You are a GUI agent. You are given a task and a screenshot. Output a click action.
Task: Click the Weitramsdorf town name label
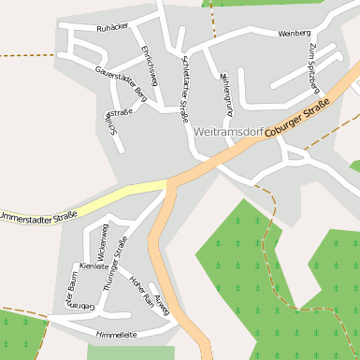click(227, 132)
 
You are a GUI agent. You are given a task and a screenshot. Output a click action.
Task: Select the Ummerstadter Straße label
click(37, 217)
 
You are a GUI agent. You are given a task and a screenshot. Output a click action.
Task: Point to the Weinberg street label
click(294, 34)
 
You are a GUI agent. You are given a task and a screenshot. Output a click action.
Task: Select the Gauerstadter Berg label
click(121, 83)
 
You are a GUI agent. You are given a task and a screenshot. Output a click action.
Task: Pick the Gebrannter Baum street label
click(74, 293)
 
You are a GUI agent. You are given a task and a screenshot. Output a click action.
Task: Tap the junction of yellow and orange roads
click(169, 180)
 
